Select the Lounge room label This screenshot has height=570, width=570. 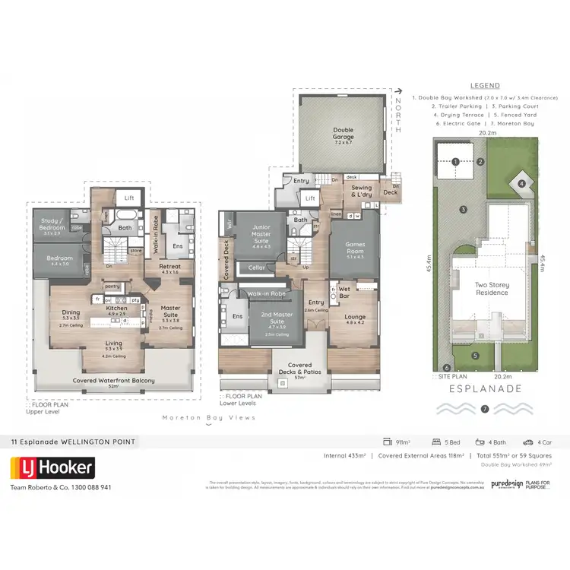pos(355,319)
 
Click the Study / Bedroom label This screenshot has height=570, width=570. pos(52,225)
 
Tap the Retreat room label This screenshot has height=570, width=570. pos(169,267)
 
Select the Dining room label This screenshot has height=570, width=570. pos(71,312)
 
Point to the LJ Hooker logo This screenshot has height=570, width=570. pos(52,467)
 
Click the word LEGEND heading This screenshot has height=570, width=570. pos(485,87)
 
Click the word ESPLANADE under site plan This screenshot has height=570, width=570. pos(485,388)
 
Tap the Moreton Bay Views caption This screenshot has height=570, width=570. pos(209,417)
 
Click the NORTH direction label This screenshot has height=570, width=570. pos(397,115)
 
